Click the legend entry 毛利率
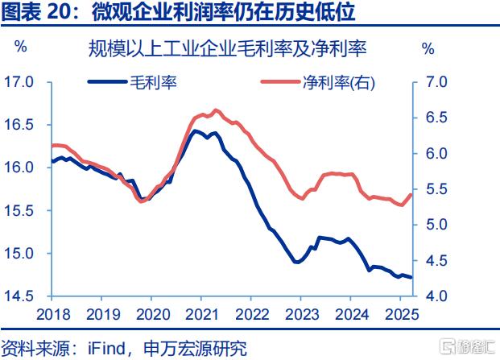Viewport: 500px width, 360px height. [x=153, y=81]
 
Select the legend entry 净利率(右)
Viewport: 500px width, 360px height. [x=339, y=81]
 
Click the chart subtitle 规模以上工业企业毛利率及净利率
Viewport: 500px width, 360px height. [x=228, y=48]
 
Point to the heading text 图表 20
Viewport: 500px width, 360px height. [x=35, y=12]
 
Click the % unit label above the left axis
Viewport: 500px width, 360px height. [x=21, y=48]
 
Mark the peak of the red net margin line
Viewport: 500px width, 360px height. [x=215, y=110]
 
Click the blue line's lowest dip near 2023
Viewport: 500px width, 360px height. [x=296, y=262]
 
